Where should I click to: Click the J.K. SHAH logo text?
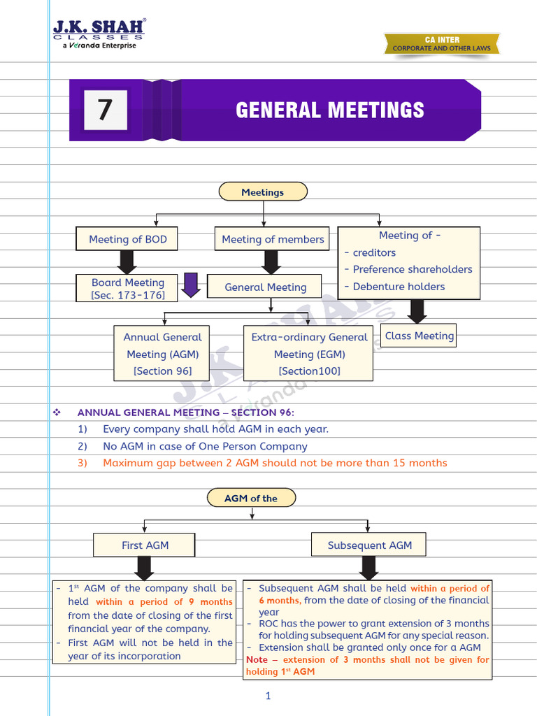point(99,29)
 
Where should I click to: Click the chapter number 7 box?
point(105,110)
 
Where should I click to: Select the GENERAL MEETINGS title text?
point(329,110)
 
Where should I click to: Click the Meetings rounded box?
point(262,192)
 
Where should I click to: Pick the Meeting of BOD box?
point(127,239)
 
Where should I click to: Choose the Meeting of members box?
point(273,239)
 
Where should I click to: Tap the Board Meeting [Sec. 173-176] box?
point(127,289)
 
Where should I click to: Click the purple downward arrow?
point(191,285)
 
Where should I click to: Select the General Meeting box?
point(265,287)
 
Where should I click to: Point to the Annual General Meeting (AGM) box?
point(162,354)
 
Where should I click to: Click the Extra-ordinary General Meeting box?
point(309,354)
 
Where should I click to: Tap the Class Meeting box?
point(419,336)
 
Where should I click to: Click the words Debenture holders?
point(399,287)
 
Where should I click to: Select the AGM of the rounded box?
point(251,499)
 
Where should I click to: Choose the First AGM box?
point(145,545)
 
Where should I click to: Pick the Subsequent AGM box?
point(369,545)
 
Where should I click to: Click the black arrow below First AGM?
point(145,568)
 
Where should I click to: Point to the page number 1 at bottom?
point(268,695)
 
